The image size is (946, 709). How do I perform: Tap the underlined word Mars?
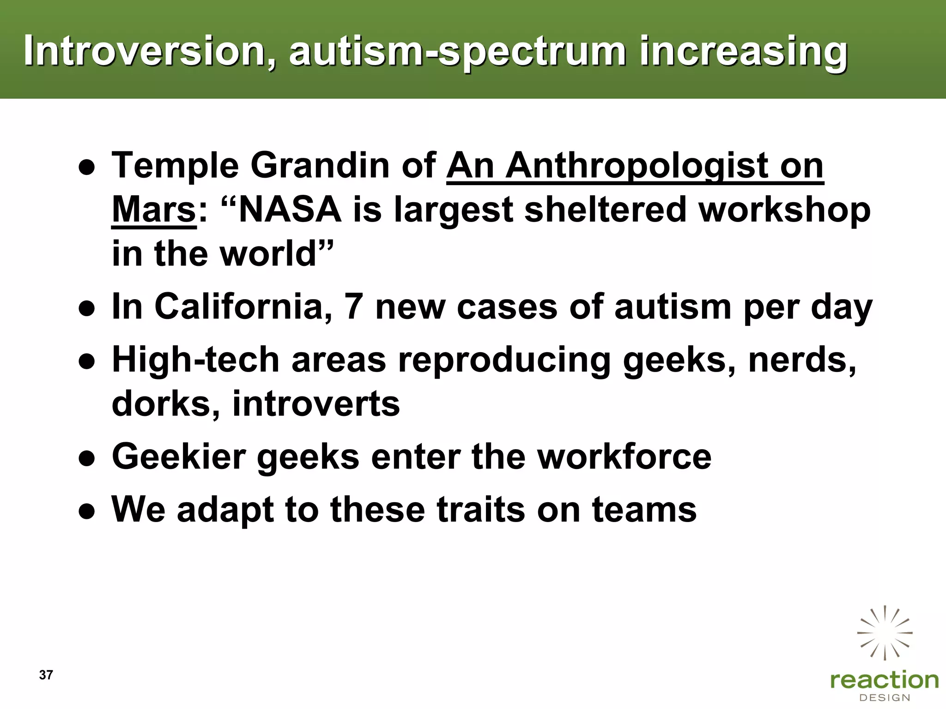(154, 210)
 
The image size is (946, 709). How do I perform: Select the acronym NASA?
(290, 210)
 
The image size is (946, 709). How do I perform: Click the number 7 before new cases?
(353, 306)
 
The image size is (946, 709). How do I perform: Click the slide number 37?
(46, 675)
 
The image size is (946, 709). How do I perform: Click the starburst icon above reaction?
(885, 633)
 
